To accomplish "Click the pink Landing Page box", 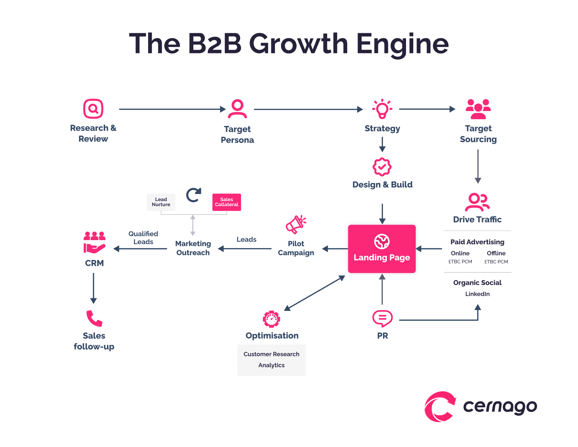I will pos(381,249).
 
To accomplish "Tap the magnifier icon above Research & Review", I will pos(93,109).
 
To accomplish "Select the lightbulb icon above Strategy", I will pos(382,109).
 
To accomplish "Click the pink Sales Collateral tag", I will pos(227,202).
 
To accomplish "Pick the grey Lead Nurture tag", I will pos(161,202).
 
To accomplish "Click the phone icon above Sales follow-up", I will pos(94,318).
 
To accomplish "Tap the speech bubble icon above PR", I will pos(382,318).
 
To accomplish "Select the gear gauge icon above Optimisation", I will pos(271,319).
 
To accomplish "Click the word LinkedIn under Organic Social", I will pos(477,294).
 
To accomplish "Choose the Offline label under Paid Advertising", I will pos(496,253).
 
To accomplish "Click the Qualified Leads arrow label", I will pos(143,238).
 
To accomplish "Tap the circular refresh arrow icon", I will pos(194,195).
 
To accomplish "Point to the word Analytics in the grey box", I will pos(271,365).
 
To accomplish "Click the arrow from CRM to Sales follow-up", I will pos(94,288).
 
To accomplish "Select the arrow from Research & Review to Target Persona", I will pos(172,109).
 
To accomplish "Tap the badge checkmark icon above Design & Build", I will pos(382,167).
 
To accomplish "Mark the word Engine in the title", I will pos(402,44).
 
